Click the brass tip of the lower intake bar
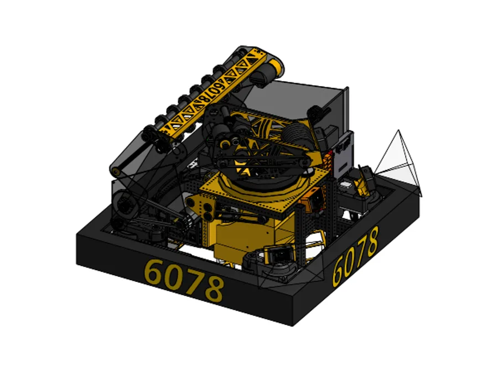(x=115, y=172)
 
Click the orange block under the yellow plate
(x=312, y=199)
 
